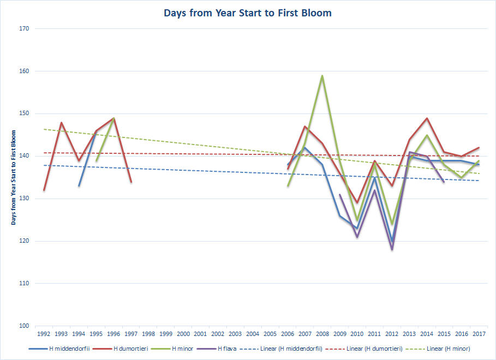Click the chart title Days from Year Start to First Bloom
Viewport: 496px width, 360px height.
point(248,13)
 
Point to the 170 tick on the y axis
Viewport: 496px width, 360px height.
point(24,28)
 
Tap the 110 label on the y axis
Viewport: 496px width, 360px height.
point(24,284)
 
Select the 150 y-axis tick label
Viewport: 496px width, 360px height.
point(24,113)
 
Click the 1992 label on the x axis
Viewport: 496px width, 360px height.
point(44,334)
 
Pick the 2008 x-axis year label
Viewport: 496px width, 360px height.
point(322,334)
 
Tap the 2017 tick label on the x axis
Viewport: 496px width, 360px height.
point(479,334)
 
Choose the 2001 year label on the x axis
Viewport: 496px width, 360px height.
point(200,334)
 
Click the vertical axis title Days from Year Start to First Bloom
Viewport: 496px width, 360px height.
point(13,177)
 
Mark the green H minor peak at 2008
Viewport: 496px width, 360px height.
point(322,76)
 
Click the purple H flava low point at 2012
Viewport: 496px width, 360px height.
point(392,250)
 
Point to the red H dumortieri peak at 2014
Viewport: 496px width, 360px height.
point(427,118)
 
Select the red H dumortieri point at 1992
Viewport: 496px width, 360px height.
point(44,190)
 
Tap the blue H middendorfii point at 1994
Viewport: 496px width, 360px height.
point(79,185)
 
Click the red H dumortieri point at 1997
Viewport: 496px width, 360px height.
point(132,182)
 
